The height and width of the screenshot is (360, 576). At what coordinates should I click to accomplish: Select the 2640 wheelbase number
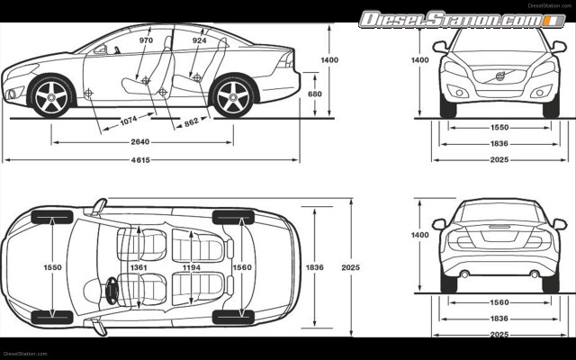coord(140,141)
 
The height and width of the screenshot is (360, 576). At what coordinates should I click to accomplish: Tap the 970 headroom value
coord(146,40)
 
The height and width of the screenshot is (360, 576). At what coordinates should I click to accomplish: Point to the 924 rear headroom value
coord(199,40)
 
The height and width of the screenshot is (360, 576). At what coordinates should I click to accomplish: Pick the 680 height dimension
coord(314,94)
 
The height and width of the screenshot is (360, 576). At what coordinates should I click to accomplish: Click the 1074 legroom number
coord(129,120)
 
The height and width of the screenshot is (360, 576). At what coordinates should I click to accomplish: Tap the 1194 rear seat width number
coord(191,267)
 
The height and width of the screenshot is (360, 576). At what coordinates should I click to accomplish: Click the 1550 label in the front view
coord(499,128)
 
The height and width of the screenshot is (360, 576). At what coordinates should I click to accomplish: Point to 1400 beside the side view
coord(329,59)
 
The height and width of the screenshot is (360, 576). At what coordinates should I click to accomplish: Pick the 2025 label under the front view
coord(499,160)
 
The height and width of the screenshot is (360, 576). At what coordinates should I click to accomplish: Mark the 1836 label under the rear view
coord(499,319)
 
